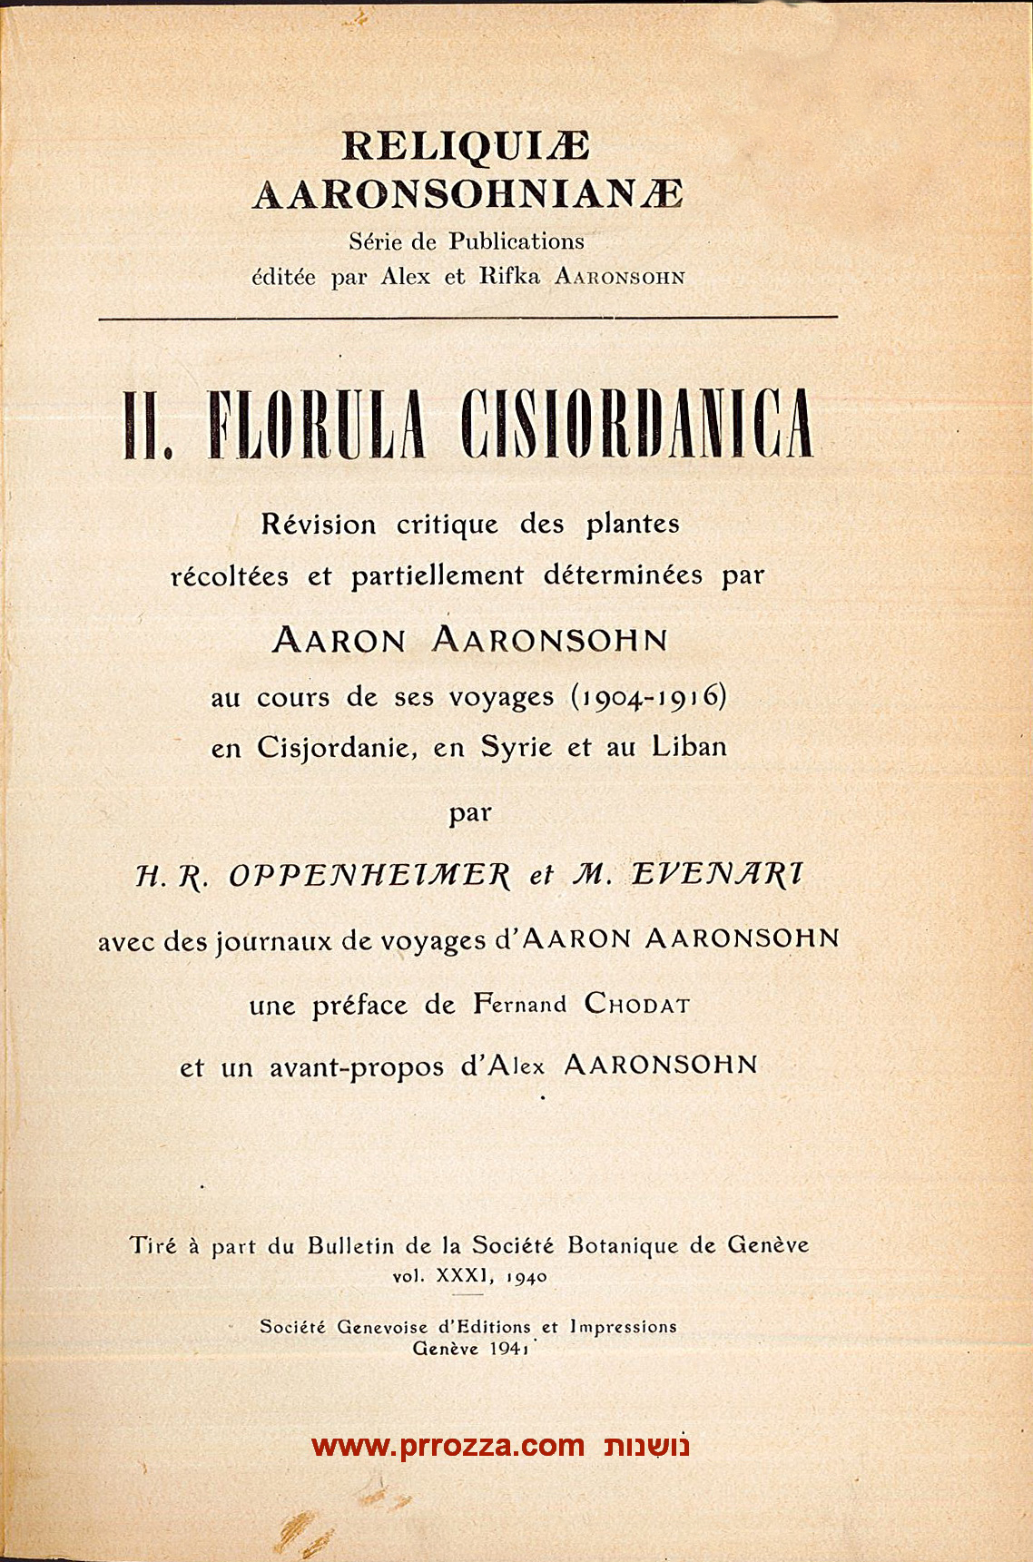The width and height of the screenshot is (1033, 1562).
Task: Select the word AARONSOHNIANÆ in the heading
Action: [467, 193]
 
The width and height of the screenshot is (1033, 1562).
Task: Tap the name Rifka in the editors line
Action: [509, 277]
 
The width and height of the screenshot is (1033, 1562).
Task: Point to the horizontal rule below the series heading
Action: [467, 318]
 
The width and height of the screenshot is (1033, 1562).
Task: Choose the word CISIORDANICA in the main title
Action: [637, 424]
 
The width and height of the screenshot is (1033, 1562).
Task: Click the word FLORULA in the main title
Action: [316, 424]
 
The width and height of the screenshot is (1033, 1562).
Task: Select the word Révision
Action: [318, 525]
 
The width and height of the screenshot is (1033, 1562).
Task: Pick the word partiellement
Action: [437, 575]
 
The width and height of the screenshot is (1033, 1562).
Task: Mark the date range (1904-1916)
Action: [648, 696]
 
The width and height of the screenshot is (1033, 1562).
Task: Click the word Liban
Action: [689, 747]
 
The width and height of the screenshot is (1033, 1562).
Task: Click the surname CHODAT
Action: [637, 1004]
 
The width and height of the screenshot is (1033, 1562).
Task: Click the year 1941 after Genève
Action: [508, 1348]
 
